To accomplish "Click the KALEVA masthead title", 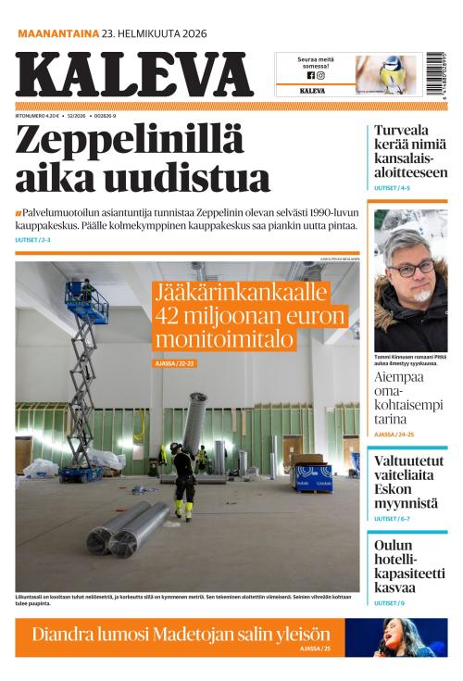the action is click(133, 75).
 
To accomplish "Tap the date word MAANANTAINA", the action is click(58, 34).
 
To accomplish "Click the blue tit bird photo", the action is click(388, 73).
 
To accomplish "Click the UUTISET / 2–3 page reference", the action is click(33, 240).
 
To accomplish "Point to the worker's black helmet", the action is click(175, 448).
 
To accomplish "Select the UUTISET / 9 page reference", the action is click(389, 603).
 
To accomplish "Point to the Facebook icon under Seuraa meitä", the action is click(310, 75).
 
